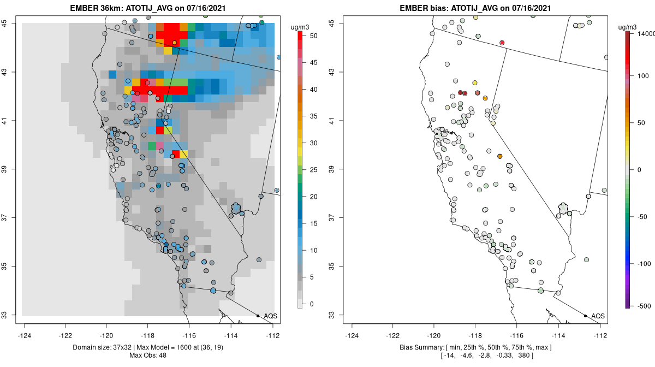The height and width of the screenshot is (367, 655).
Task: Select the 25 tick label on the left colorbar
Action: coord(314,170)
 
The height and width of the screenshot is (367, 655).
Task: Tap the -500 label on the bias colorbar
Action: coord(644,306)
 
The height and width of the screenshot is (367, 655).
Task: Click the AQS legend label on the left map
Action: coord(271,316)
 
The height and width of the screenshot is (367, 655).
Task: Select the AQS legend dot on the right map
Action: coord(585,316)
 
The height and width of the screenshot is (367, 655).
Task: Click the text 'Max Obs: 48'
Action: coord(148,356)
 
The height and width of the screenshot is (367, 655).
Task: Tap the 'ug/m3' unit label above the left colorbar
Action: coord(300,27)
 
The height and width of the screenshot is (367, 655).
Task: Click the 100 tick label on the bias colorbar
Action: coord(644,76)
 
